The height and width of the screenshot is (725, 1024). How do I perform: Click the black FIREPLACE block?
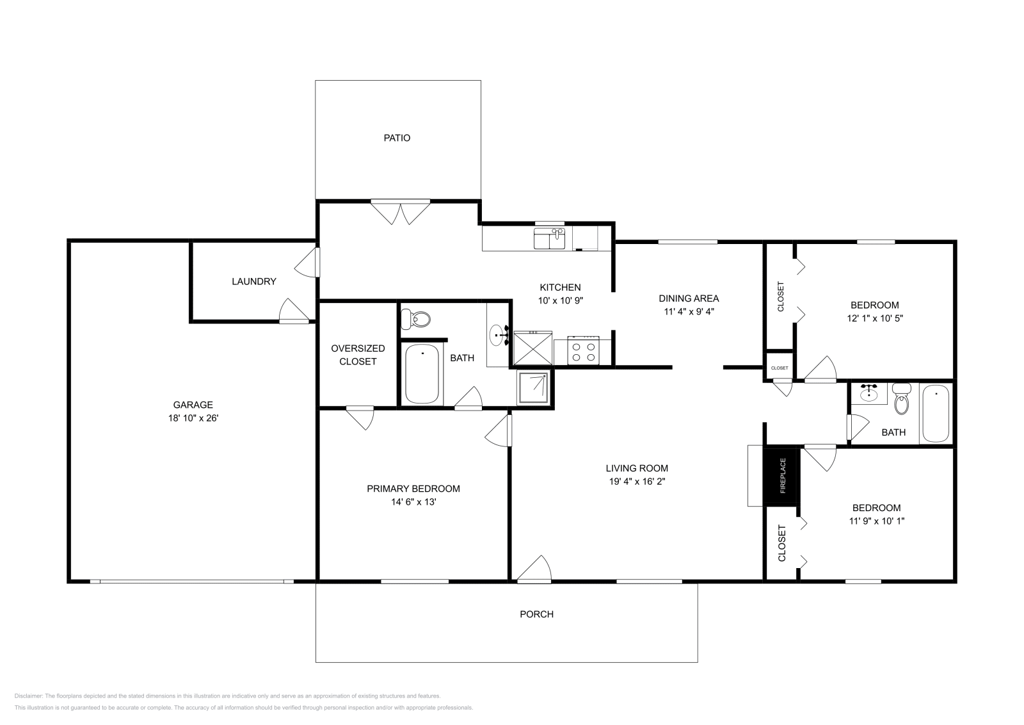(x=781, y=476)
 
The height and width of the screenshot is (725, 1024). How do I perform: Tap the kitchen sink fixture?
(x=549, y=239)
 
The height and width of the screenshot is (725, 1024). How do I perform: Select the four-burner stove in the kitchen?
(x=583, y=350)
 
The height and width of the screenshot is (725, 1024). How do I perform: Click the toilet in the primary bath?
(x=417, y=318)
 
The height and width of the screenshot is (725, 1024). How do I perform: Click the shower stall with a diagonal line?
(x=534, y=387)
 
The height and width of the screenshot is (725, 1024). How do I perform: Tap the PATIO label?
(x=397, y=138)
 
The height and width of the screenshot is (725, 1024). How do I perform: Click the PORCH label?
(x=536, y=614)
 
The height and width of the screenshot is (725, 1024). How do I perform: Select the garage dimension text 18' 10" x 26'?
(x=193, y=418)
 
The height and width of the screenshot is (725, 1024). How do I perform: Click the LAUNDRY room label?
(x=254, y=281)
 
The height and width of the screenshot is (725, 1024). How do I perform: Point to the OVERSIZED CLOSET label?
(x=358, y=355)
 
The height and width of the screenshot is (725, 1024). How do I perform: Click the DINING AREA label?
(x=689, y=298)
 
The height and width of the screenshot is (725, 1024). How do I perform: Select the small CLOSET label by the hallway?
(x=780, y=368)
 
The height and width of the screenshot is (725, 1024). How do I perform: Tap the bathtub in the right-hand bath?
(x=936, y=413)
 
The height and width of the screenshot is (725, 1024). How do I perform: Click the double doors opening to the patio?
(x=401, y=212)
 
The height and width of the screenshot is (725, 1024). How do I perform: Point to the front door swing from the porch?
(x=534, y=570)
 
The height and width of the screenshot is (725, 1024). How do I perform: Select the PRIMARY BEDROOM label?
(x=413, y=489)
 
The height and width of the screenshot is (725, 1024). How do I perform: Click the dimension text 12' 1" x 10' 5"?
(x=874, y=318)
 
